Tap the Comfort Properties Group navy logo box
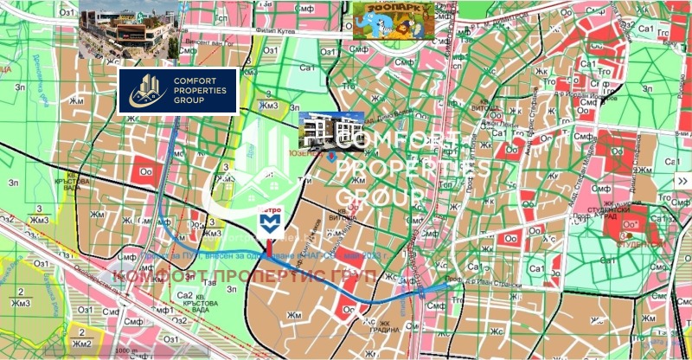click(x=178, y=91)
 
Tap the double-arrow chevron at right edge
click(x=681, y=179)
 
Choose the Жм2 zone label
click(x=80, y=340)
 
